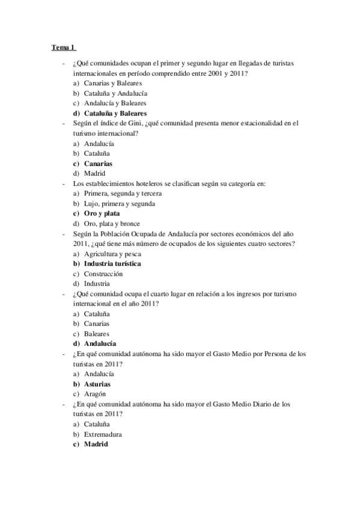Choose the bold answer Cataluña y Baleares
(115, 113)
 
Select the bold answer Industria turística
(112, 264)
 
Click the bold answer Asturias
(97, 384)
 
